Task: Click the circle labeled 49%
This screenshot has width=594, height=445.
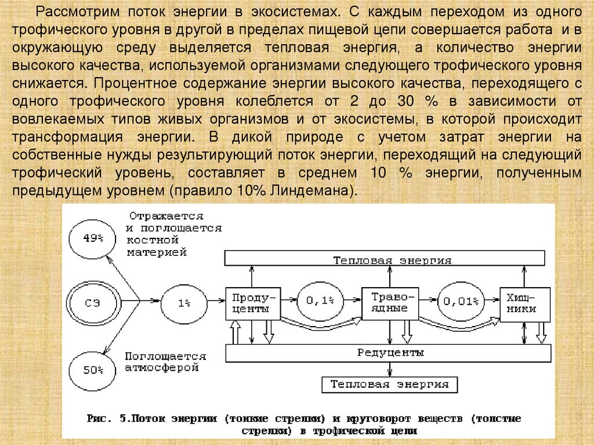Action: pos(92,238)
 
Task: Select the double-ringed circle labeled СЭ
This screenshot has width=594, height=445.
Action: pos(93,301)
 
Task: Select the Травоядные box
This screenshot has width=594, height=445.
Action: pos(389,303)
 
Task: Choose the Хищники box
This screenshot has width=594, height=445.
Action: pos(525,303)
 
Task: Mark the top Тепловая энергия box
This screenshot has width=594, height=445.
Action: pos(385,259)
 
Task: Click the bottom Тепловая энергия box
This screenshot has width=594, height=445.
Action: pos(389,384)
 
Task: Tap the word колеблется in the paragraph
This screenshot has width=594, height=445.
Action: pos(273,100)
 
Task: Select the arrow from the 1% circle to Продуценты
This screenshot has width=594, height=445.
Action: pos(215,301)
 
